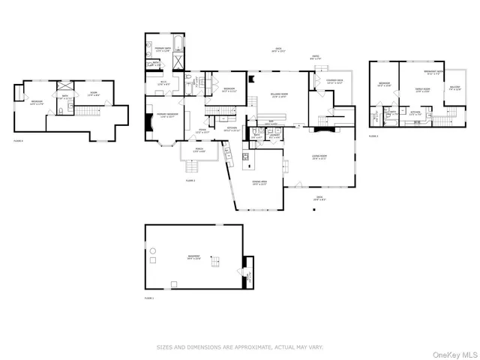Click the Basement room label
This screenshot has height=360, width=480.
pyautogui.click(x=193, y=256)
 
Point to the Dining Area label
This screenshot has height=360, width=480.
pyautogui.click(x=259, y=182)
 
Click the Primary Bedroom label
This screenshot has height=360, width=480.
pyautogui.click(x=166, y=115)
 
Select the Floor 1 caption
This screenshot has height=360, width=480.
pyautogui.click(x=148, y=298)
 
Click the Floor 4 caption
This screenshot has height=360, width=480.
pyautogui.click(x=18, y=140)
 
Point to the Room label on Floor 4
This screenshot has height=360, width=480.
pyautogui.click(x=94, y=93)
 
